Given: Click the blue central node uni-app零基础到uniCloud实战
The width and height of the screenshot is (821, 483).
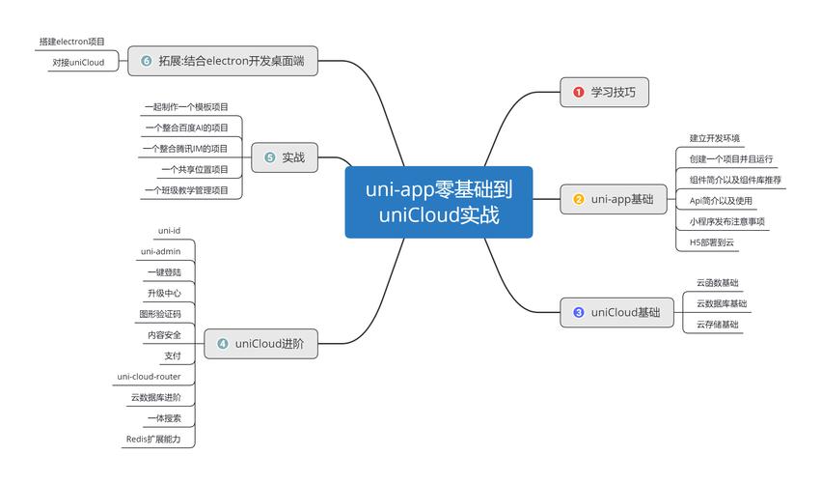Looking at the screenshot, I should tap(439, 202).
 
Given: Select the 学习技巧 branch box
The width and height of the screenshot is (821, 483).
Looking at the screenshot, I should tap(604, 92).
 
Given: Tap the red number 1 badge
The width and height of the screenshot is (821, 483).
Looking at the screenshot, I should tap(579, 92).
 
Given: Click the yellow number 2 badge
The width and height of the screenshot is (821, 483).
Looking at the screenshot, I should tap(579, 200).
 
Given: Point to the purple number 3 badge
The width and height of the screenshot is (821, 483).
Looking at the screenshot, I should tap(579, 312).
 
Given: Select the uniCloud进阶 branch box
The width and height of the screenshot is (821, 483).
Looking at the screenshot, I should tap(260, 343).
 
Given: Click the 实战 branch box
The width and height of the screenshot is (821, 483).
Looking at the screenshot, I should tap(286, 157).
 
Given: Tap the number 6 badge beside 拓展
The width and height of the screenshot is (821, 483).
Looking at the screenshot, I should tap(147, 61).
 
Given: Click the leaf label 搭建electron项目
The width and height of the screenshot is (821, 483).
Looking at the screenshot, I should tap(72, 42).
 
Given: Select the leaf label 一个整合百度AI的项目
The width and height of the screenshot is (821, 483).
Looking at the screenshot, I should tap(186, 128).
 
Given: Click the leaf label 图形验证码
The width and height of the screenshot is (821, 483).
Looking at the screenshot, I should tap(160, 314).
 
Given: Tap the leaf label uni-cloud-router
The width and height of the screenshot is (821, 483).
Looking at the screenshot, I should tap(150, 377).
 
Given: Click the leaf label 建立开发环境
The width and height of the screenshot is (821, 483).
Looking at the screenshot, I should tap(715, 138).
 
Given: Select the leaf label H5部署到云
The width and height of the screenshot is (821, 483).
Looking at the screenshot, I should tap(712, 242).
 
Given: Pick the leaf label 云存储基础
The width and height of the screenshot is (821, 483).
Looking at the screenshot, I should tap(717, 325).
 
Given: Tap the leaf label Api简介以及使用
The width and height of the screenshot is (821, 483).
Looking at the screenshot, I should tap(721, 200).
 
